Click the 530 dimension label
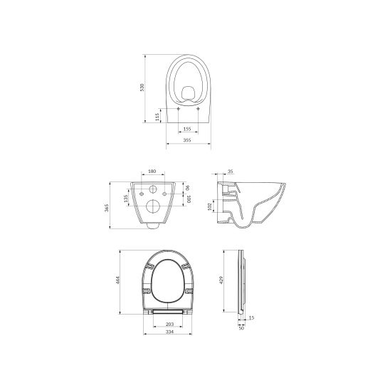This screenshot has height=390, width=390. click(142, 88)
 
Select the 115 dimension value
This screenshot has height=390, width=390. click(157, 117)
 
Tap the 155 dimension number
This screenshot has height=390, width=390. click(187, 129)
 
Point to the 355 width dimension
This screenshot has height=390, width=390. click(187, 140)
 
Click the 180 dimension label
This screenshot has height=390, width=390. click(152, 171)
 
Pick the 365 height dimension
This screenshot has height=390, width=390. click(107, 208)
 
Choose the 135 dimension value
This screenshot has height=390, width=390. click(126, 199)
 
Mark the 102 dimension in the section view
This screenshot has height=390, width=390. click(209, 206)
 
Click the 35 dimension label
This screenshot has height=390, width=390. click(231, 171)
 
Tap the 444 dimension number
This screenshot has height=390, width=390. click(118, 280)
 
